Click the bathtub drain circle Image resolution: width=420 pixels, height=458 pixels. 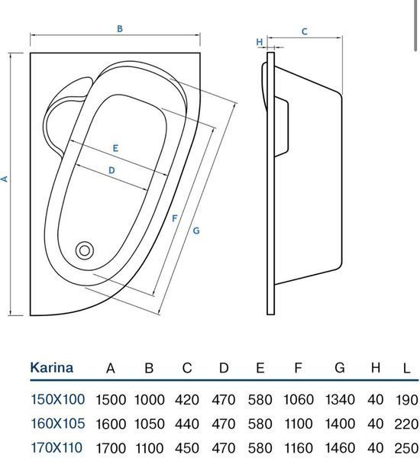point(85,250)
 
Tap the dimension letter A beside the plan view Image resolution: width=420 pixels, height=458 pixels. point(5,179)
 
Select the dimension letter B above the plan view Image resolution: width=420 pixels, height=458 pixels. point(120,29)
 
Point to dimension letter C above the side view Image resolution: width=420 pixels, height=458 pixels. point(304,31)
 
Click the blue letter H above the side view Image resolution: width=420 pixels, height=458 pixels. point(259,42)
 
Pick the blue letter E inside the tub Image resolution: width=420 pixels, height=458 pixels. point(115,148)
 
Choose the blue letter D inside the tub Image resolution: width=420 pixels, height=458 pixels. point(111,170)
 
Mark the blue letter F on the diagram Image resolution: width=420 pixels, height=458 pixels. point(174,218)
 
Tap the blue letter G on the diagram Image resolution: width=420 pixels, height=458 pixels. point(196,231)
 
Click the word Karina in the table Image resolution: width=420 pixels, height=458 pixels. point(52,367)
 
